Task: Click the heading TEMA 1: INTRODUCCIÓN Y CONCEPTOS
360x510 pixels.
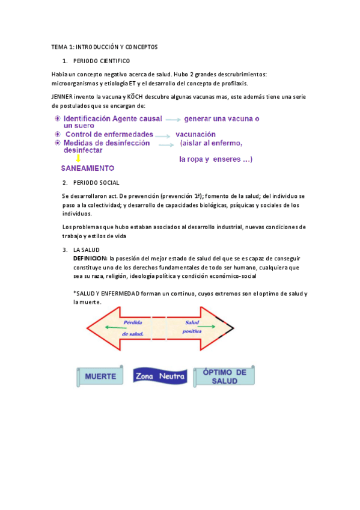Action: (104, 46)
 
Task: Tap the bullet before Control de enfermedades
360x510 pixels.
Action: (57, 134)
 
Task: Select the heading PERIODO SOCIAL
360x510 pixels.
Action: (96, 182)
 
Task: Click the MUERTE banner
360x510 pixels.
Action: (100, 376)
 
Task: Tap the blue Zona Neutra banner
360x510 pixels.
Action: (160, 376)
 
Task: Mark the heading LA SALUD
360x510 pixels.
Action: (87, 250)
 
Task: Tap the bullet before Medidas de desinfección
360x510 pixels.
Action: (57, 143)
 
